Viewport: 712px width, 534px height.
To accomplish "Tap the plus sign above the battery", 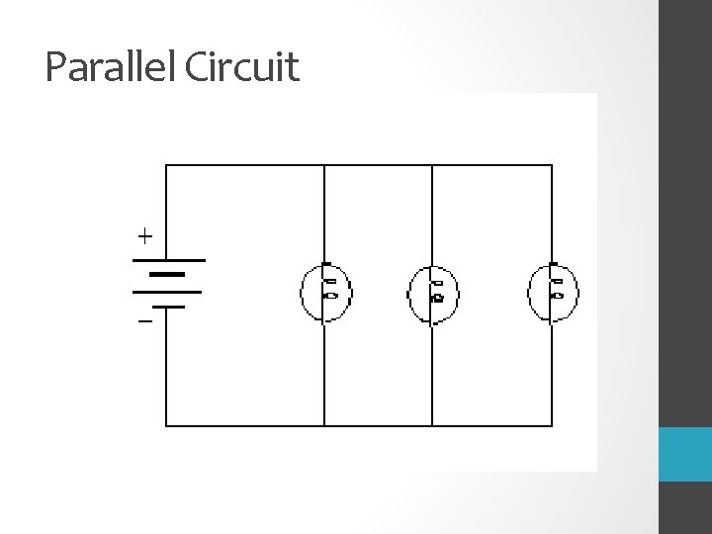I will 145,236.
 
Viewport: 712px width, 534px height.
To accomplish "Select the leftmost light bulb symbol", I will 325,292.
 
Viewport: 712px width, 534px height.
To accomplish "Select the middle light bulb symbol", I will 433,293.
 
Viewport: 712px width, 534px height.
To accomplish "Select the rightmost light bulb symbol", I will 553,292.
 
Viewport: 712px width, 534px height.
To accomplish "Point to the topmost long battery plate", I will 167,260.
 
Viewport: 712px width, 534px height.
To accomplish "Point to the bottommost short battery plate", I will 167,307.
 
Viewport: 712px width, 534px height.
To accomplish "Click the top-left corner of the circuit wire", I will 166,165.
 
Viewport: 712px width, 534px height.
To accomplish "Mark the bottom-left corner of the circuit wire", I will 166,425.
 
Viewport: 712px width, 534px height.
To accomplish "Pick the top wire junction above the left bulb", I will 325,165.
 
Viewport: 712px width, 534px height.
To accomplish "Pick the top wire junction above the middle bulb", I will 433,165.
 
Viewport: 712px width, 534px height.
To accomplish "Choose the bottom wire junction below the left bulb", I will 325,425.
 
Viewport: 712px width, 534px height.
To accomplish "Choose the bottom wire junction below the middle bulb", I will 433,425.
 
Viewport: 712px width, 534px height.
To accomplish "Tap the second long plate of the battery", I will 167,292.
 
